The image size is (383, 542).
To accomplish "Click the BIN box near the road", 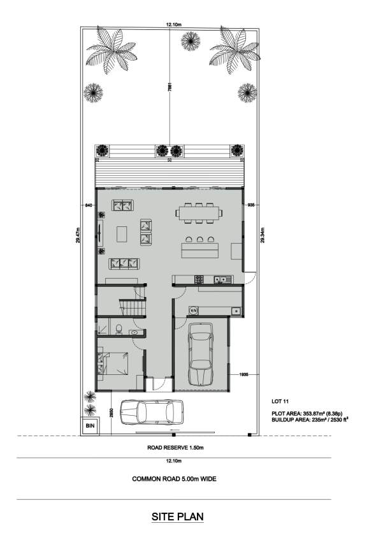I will click(89, 425).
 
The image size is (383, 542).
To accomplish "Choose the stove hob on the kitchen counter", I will click(199, 279).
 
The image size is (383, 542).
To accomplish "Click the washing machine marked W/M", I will click(194, 311).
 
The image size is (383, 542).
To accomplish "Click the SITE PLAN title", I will click(178, 516).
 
